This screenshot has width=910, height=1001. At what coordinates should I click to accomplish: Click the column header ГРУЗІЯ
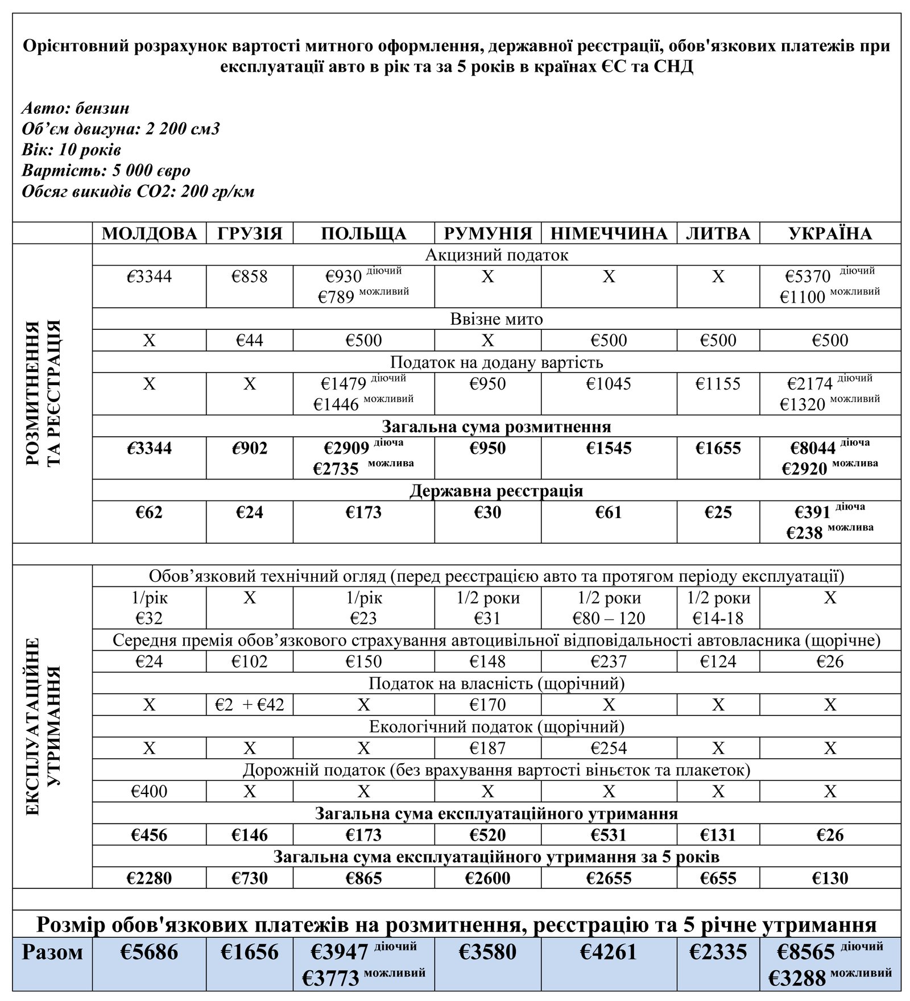point(250,234)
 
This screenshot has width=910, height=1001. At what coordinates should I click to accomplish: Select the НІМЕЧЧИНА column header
point(609,234)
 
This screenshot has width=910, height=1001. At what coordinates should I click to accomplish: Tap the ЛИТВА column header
point(718,234)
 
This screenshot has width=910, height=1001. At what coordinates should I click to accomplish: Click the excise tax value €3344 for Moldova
point(149,277)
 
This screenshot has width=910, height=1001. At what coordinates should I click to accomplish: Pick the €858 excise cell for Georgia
point(250,277)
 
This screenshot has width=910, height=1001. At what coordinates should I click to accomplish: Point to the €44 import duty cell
point(250,341)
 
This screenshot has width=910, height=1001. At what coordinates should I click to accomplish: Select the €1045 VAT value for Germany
point(609,384)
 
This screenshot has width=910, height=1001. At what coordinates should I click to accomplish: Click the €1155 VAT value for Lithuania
point(718,384)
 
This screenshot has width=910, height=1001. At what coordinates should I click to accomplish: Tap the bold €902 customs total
point(250,448)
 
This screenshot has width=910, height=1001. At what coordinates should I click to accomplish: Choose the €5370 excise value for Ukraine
point(808,276)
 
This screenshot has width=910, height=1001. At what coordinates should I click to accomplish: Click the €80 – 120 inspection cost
point(609,618)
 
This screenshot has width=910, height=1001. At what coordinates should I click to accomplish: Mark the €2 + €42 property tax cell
point(250,705)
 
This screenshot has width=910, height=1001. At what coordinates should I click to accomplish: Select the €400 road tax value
point(149,791)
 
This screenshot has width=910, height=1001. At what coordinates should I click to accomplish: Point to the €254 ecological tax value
point(609,748)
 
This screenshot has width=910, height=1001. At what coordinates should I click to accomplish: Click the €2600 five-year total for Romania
point(487,878)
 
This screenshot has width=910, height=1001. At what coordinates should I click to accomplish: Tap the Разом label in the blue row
point(52,952)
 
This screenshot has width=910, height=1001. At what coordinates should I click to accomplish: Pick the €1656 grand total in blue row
point(250,952)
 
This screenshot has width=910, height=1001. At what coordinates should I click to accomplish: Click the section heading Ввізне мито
point(497,319)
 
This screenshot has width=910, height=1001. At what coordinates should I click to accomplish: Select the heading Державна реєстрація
point(497,491)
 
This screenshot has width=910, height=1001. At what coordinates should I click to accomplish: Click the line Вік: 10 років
point(71,150)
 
